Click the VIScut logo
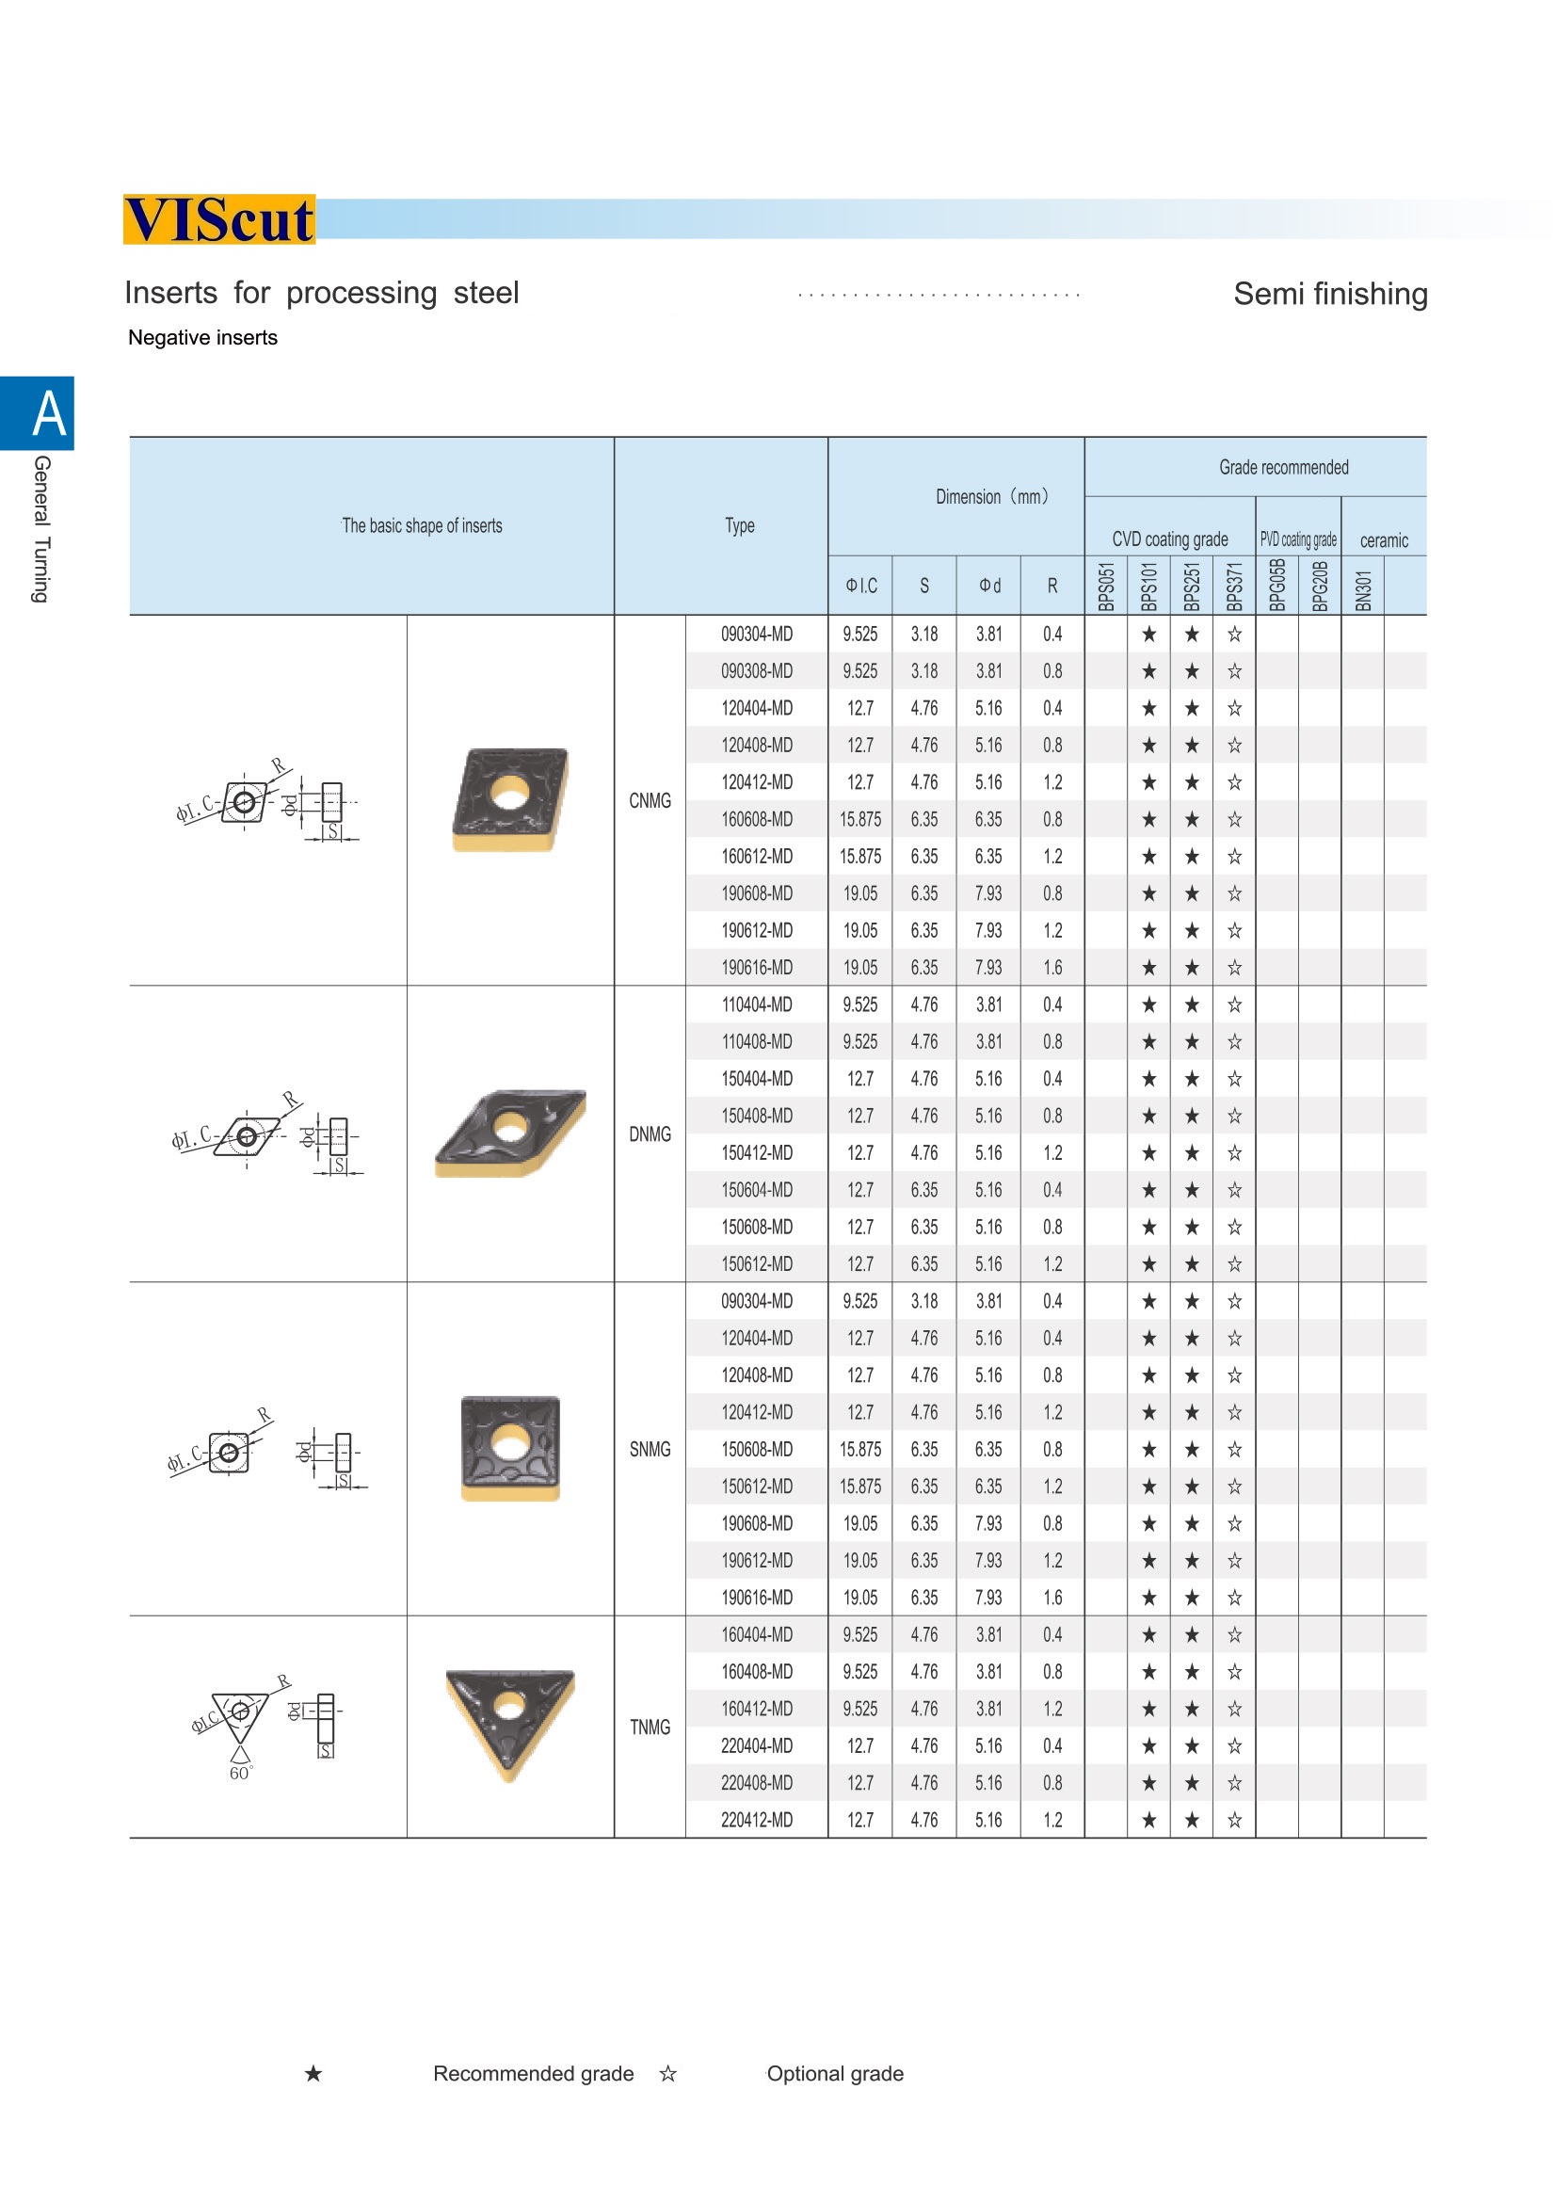click(218, 219)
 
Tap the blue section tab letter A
click(49, 413)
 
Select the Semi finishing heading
click(1330, 294)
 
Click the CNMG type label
click(650, 801)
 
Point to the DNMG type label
click(650, 1134)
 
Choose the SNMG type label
click(650, 1449)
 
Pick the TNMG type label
click(650, 1728)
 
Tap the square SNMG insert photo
click(510, 1448)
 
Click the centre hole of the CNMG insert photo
click(509, 795)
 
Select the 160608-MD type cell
click(757, 820)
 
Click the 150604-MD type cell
click(757, 1190)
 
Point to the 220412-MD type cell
click(757, 1821)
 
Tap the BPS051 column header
click(1106, 586)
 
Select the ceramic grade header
click(1384, 541)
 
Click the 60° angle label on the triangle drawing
click(240, 1774)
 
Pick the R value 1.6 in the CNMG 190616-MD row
click(1051, 968)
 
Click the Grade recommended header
click(1283, 467)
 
